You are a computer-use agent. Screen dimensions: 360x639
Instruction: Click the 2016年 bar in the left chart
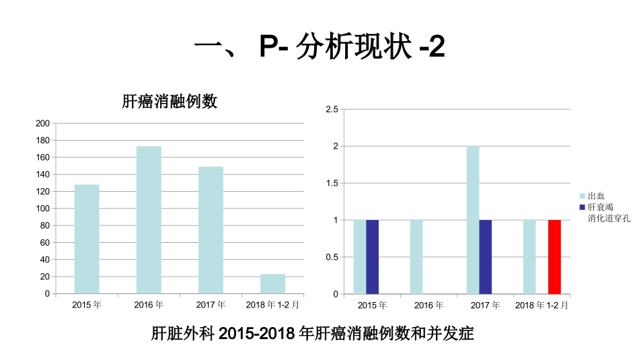point(149,219)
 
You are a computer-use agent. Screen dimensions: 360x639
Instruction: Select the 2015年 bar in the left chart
point(87,239)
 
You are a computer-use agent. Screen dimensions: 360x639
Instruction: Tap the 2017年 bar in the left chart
point(211,229)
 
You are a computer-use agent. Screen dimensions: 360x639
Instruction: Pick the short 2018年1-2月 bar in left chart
point(272,283)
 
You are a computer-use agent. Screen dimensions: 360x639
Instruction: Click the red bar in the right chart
point(554,257)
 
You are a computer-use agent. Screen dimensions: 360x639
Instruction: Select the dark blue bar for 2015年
point(372,257)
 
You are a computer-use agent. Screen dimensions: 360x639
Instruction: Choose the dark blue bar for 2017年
point(486,257)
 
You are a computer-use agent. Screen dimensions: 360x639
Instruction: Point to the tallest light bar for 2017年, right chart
point(473,220)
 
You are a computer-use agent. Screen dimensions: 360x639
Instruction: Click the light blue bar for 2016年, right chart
point(416,257)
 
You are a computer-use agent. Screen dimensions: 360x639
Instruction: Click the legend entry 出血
point(596,196)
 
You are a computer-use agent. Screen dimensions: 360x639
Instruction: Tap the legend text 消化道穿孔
point(608,218)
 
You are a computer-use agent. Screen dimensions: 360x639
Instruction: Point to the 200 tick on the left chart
point(42,123)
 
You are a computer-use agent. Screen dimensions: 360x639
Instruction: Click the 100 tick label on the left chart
point(42,209)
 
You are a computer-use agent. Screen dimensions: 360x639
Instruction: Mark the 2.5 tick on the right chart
point(331,109)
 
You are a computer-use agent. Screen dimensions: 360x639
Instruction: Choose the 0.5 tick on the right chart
point(331,257)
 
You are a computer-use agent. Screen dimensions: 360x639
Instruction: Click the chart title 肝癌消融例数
point(170,102)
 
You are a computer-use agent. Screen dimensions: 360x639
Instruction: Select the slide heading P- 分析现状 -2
point(319,48)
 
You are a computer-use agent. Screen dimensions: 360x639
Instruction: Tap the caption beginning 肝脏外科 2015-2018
point(313,334)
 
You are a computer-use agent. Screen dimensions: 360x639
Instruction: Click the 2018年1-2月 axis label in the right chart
point(541,305)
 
